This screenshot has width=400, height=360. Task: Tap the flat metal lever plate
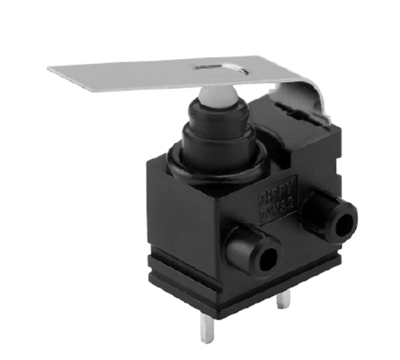coord(150,77)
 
